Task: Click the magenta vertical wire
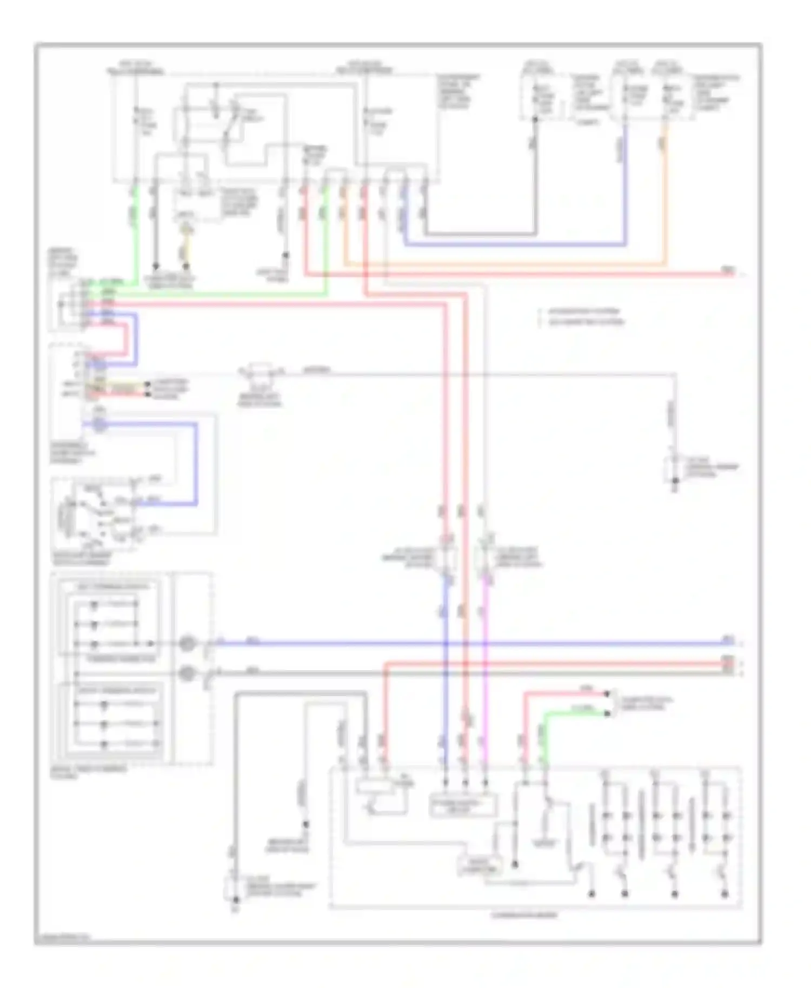click(x=485, y=676)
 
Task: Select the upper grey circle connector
click(x=187, y=643)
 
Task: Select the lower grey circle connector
click(x=187, y=673)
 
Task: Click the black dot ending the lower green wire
click(x=607, y=713)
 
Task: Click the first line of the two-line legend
click(x=584, y=312)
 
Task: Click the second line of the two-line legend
click(x=586, y=322)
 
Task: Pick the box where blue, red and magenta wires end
click(x=463, y=806)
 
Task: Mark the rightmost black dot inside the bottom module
click(x=724, y=894)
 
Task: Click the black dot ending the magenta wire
click(x=485, y=782)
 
